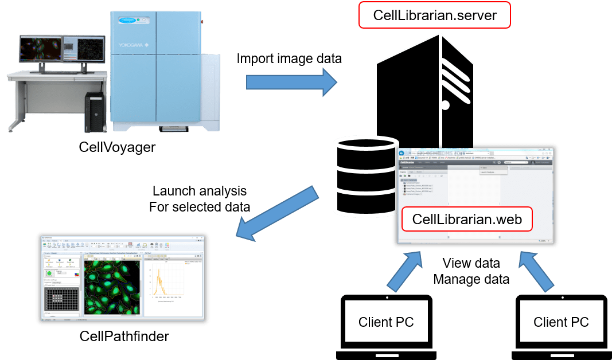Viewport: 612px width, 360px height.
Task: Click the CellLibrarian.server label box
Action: point(434,15)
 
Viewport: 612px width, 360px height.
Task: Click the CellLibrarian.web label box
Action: point(467,219)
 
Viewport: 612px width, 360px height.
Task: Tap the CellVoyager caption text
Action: point(117,147)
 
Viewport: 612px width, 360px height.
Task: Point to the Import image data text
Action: point(289,58)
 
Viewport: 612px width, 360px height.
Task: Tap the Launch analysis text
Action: point(200,191)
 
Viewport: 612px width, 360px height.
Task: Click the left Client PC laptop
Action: point(385,324)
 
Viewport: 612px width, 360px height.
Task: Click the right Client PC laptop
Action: point(560,324)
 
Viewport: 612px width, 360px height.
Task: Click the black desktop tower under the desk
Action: point(95,112)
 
